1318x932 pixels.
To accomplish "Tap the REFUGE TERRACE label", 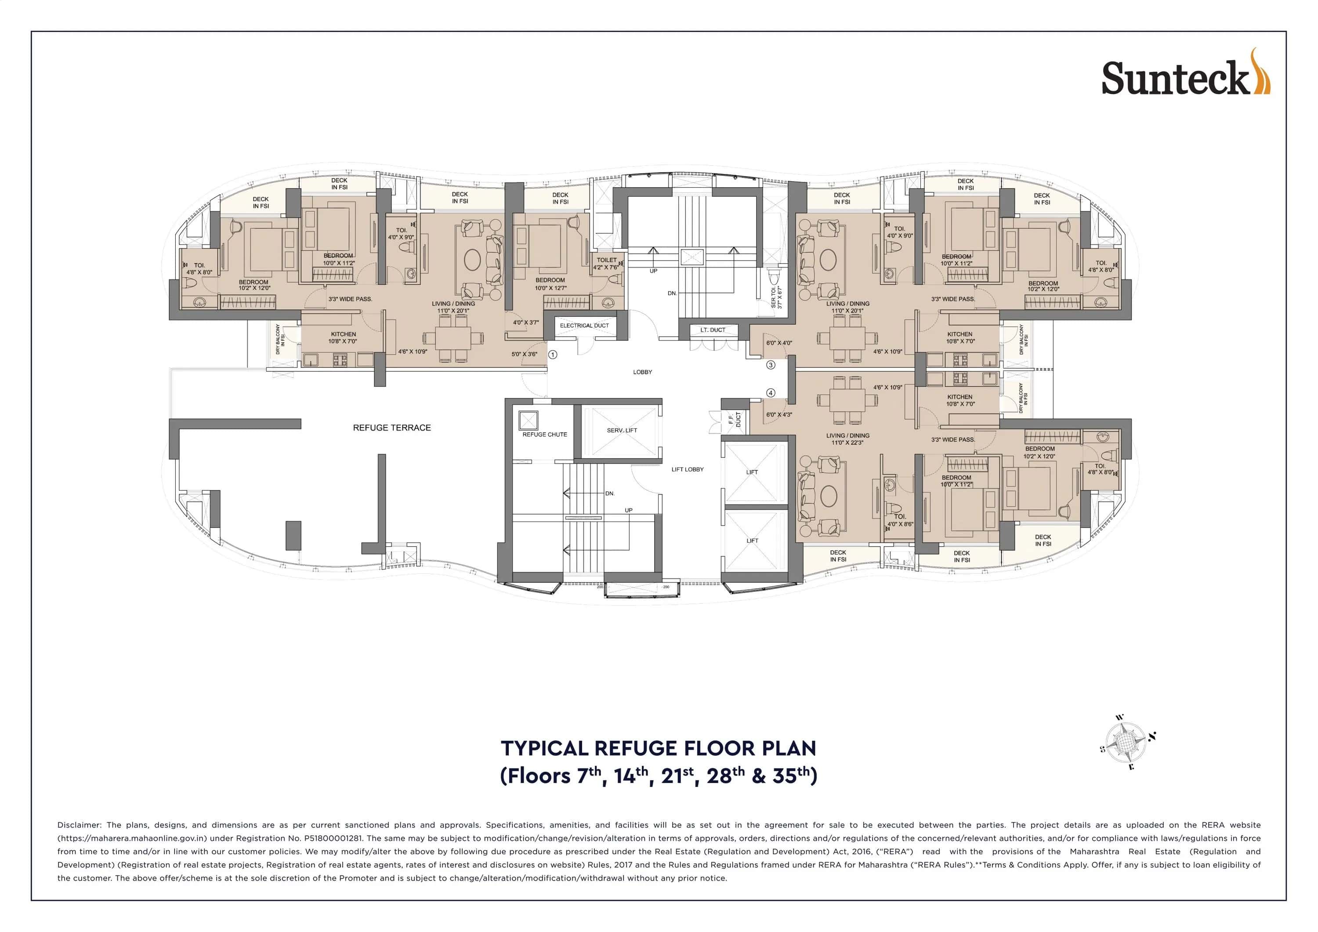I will (391, 428).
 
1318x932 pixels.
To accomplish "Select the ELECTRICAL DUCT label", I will (584, 326).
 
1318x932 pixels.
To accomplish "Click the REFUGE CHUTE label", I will (544, 435).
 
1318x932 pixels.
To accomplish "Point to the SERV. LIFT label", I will (622, 430).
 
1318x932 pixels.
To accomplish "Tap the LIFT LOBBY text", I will (687, 470).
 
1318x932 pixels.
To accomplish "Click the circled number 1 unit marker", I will (552, 355).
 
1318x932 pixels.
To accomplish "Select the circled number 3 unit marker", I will (771, 365).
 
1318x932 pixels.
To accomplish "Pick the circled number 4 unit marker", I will (771, 393).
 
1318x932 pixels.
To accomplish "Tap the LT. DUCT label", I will (713, 330).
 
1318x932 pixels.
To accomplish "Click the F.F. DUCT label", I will (735, 420).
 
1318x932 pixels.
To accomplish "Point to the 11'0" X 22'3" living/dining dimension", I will (847, 443).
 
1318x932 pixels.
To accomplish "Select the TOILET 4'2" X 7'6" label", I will (606, 264).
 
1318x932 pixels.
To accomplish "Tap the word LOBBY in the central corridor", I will (642, 372).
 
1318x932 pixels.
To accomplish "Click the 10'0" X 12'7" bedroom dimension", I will (550, 288).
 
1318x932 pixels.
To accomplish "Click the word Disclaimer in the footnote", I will (79, 825).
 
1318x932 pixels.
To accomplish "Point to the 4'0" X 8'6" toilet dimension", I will (899, 524).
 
